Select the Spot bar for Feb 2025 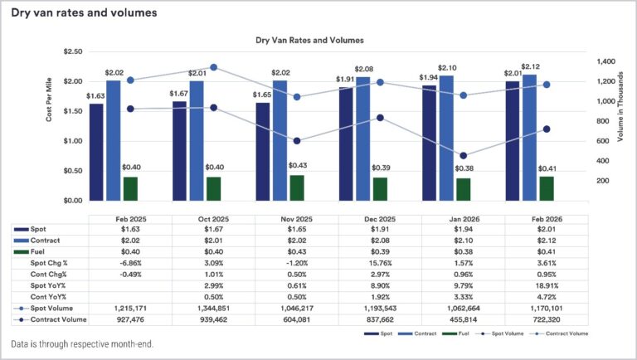pos(96,152)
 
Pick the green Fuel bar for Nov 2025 pos(296,187)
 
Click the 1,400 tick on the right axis pos(606,61)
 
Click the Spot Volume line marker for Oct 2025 pos(213,67)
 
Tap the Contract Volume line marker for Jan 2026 pos(463,156)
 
